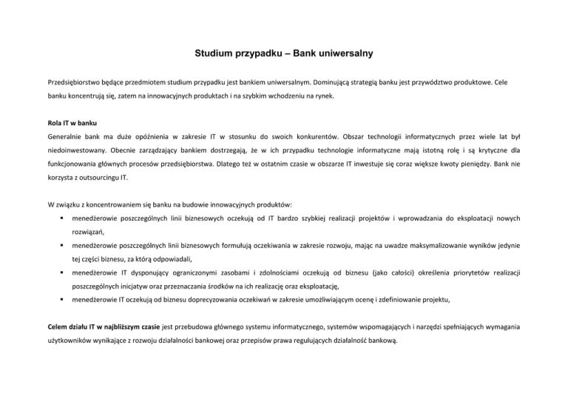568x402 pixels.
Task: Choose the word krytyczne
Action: coord(497,158)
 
